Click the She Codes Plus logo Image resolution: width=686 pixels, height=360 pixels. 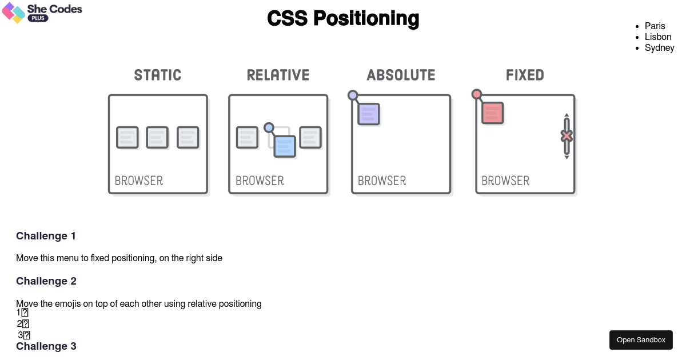pos(42,13)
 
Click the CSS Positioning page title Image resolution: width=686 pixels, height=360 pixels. pos(343,18)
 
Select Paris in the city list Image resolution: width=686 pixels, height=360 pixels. pos(655,26)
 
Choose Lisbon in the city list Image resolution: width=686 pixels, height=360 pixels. pos(657,37)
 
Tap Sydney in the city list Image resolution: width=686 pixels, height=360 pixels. pos(659,47)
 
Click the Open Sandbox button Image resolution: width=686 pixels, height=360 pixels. pos(641,340)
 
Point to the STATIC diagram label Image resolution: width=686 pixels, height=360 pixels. pos(158,75)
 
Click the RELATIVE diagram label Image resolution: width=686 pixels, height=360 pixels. pos(278,75)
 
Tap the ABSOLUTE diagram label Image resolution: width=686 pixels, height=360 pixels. pos(401,75)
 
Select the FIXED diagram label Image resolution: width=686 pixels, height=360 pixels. pos(525,75)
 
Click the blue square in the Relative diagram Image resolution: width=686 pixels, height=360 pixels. pos(285,146)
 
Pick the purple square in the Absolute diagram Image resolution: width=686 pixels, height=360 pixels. pos(369,114)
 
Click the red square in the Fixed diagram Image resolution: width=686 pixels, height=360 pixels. pos(492,113)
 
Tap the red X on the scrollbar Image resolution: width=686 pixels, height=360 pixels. pos(567,136)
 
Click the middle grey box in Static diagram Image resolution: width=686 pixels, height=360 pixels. pos(157,138)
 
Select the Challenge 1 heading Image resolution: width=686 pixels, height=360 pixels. pos(46,236)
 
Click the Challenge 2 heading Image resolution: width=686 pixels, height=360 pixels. pos(46,281)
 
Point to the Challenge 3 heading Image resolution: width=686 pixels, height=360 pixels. pos(46,346)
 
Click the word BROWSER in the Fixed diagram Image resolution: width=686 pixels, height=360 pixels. pos(505,181)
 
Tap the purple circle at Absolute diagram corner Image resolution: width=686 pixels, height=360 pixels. pos(353,95)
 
